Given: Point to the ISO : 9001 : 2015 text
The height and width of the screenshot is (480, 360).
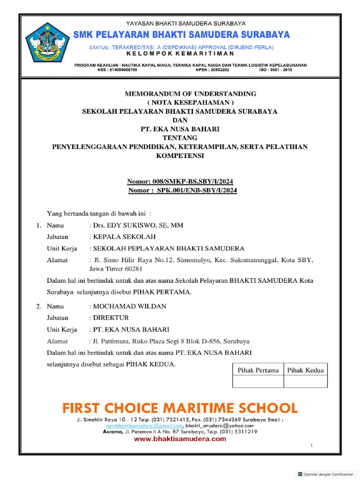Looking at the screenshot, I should coord(276,69).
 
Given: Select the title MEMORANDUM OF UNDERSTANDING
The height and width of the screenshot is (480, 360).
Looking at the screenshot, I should coord(190,94).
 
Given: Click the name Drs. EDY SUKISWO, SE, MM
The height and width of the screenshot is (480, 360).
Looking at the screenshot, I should coord(138,225).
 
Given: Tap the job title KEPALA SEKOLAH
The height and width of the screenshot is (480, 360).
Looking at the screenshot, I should coord(124,237).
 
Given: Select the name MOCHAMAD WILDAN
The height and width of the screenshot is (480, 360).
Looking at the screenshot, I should coord(129,307).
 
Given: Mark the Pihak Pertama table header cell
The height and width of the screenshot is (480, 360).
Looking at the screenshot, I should coord(258,370).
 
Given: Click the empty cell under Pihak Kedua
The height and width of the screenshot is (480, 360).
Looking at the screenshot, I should coord(306,382).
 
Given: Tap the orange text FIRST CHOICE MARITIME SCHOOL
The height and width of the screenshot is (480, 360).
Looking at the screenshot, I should coord(180,407).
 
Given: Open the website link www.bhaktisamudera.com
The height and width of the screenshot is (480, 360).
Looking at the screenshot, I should coord(180,439).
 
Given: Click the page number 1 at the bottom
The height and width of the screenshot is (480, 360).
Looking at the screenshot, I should coord(311,446).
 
